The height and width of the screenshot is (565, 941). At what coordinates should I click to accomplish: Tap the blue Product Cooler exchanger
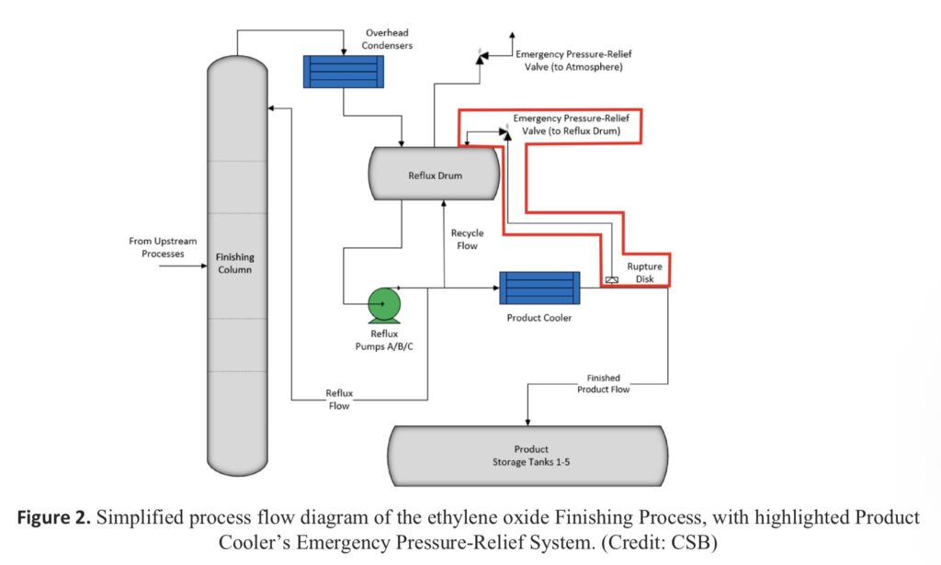[x=539, y=288]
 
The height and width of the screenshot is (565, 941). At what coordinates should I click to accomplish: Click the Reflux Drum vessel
[x=434, y=172]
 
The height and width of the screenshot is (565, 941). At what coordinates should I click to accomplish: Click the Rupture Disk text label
[x=644, y=272]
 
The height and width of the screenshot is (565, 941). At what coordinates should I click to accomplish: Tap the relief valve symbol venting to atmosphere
[x=480, y=58]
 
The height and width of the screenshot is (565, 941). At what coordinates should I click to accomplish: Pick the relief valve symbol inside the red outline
[x=504, y=132]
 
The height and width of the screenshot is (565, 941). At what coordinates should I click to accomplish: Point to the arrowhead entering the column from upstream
[x=203, y=266]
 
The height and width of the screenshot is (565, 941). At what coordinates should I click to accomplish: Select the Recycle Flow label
[x=467, y=239]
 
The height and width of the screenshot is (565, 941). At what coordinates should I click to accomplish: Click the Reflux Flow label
[x=339, y=400]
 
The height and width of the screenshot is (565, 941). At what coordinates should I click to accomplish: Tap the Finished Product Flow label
[x=603, y=383]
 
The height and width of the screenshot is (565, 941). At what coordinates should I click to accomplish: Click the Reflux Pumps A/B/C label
[x=384, y=340]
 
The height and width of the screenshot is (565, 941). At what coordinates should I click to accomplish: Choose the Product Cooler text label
[x=539, y=319]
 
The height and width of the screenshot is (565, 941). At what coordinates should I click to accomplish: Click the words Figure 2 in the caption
[x=54, y=517]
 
